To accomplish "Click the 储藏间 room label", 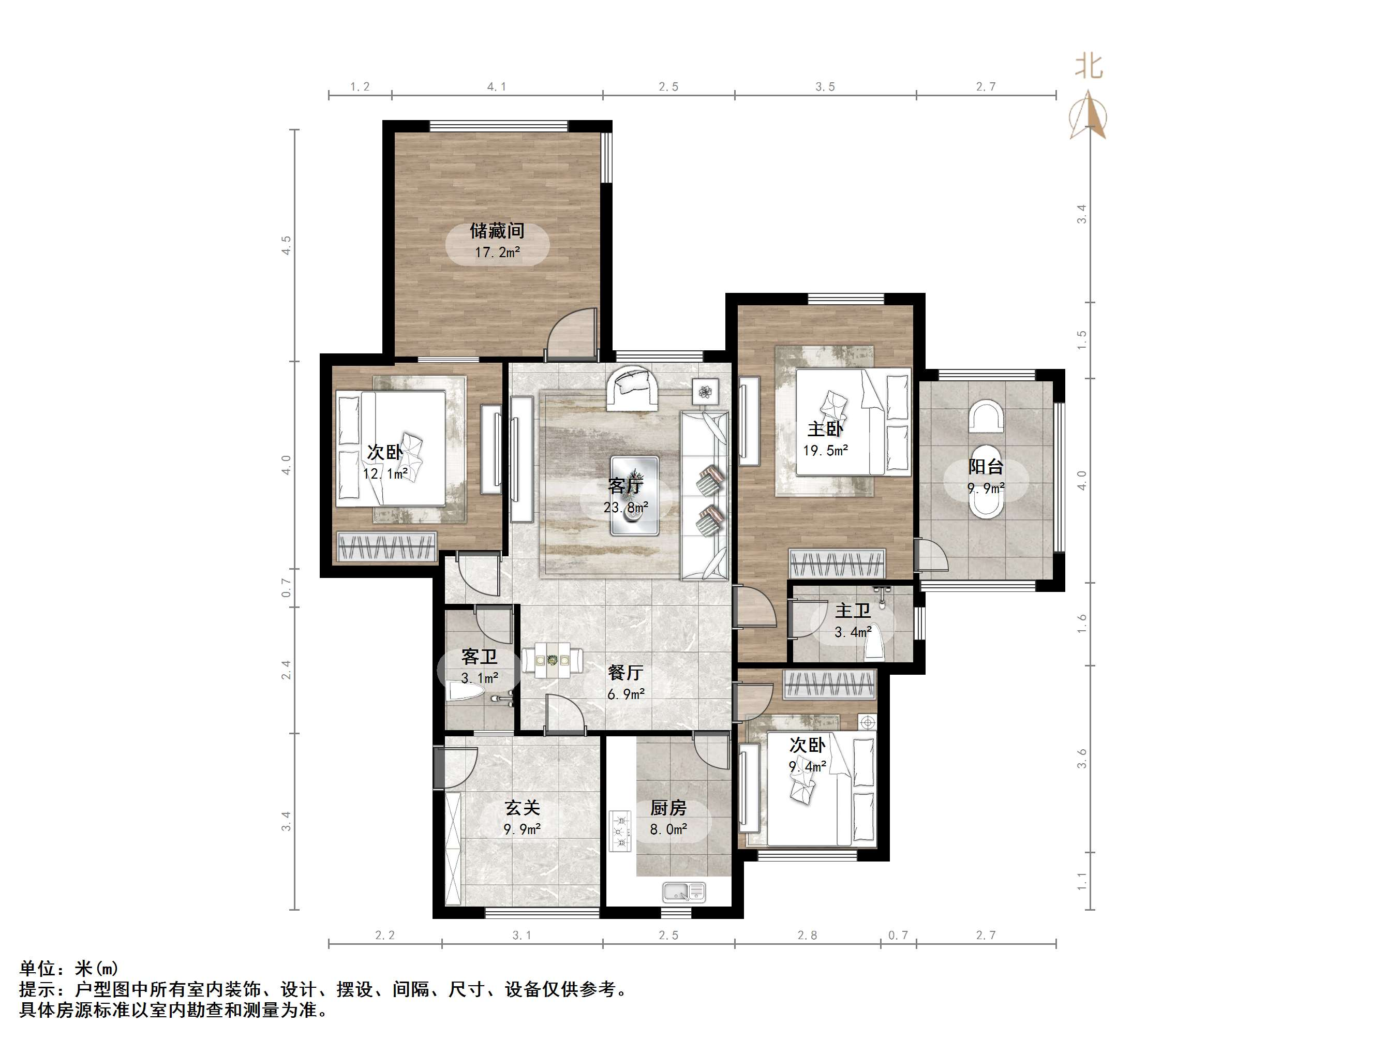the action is [497, 231].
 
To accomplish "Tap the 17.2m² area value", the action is [497, 253].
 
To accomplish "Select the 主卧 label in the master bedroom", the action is [825, 429].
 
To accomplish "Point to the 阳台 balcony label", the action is [986, 467].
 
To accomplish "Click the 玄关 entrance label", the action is [522, 808].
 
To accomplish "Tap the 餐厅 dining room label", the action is [626, 673].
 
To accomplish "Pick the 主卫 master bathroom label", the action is [852, 611].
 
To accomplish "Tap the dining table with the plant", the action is [552, 660].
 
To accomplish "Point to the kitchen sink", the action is [684, 892].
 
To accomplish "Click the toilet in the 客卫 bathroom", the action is [465, 693].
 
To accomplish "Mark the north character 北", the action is [1089, 66].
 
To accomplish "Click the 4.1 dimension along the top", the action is [497, 86].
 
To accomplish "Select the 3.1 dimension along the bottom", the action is [522, 935].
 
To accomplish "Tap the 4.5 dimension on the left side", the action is [286, 245].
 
